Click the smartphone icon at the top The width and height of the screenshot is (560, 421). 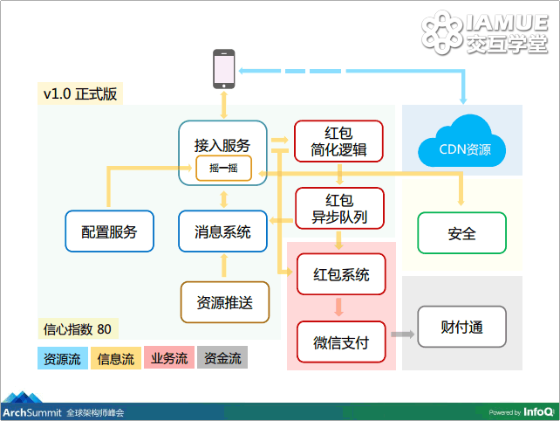coord(224,69)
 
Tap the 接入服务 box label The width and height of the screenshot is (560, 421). coord(222,145)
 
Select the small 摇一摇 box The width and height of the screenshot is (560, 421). coord(223,168)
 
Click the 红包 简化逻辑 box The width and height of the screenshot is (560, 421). coord(338,141)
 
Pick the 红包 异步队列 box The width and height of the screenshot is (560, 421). coord(339,209)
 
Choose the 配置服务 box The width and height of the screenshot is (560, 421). coord(109,231)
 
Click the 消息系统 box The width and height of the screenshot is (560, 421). coord(222,231)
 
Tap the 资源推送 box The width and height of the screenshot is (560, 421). coord(225,302)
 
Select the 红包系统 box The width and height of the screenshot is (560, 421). coord(341,274)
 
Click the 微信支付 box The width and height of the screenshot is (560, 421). coord(341,342)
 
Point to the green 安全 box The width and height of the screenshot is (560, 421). coord(461,233)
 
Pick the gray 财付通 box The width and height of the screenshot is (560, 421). coord(461,327)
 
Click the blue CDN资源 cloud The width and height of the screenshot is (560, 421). coord(461,141)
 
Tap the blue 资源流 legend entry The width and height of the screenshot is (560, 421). coord(63,358)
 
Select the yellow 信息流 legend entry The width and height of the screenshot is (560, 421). coord(116,358)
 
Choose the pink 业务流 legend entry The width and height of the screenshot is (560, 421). coord(169,358)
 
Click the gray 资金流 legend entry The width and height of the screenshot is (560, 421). coord(222,358)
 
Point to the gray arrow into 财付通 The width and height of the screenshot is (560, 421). coord(402,335)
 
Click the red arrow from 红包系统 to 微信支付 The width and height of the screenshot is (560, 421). coord(339,307)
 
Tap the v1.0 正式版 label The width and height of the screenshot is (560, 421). coord(80,93)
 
